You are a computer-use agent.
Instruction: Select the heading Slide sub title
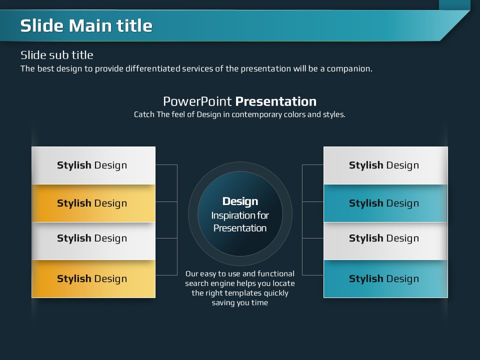56,55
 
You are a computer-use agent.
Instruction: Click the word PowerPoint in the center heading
197,101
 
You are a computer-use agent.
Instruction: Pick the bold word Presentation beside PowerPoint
276,101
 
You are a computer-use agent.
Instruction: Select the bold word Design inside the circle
240,201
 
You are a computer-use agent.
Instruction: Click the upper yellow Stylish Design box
93,203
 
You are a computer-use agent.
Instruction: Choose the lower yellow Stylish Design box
93,279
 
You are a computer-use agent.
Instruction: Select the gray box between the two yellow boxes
93,241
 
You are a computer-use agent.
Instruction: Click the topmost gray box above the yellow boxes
93,165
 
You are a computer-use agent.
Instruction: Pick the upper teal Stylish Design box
385,203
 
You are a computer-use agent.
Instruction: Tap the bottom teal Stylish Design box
385,279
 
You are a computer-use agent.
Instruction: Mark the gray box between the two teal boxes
385,241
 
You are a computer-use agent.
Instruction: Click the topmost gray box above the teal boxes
385,165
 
